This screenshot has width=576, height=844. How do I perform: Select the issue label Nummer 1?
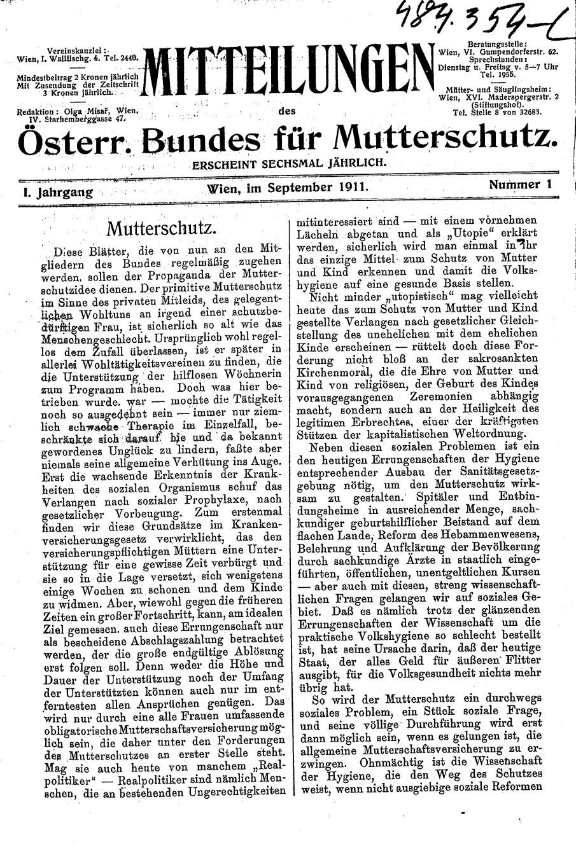point(520,185)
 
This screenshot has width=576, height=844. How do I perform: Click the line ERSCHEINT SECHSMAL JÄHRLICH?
point(291,162)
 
